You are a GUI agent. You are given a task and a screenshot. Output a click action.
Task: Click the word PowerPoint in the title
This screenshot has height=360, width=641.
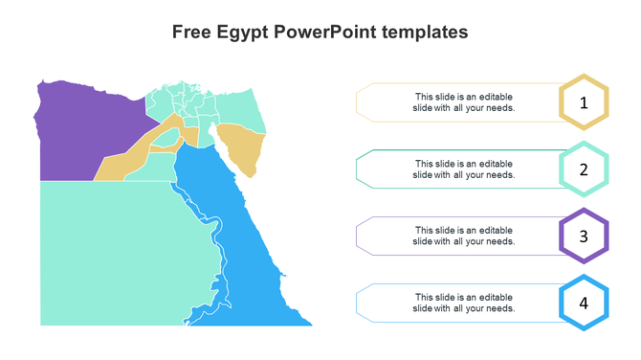click(322, 32)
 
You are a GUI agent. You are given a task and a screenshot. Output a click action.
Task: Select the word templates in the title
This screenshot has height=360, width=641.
click(426, 32)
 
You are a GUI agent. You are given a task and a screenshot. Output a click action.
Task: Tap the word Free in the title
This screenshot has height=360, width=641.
click(192, 32)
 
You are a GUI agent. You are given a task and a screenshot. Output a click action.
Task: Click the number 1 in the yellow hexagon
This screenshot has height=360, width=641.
click(584, 101)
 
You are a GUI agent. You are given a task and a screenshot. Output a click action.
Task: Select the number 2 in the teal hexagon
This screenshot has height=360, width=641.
click(584, 169)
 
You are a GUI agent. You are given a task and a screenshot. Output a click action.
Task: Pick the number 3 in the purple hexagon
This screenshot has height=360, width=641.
click(584, 236)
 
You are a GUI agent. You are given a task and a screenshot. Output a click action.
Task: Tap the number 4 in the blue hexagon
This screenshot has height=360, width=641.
click(584, 303)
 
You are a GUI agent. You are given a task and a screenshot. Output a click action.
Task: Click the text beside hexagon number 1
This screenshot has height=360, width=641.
click(464, 102)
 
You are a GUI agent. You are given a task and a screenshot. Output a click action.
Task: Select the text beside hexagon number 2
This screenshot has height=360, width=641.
click(464, 169)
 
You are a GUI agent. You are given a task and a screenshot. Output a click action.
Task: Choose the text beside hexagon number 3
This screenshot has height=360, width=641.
click(464, 236)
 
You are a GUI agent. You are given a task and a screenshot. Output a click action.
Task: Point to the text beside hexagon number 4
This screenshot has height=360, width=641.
click(464, 303)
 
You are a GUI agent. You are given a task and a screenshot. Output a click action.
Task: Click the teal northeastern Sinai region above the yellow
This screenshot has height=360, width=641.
click(239, 107)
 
